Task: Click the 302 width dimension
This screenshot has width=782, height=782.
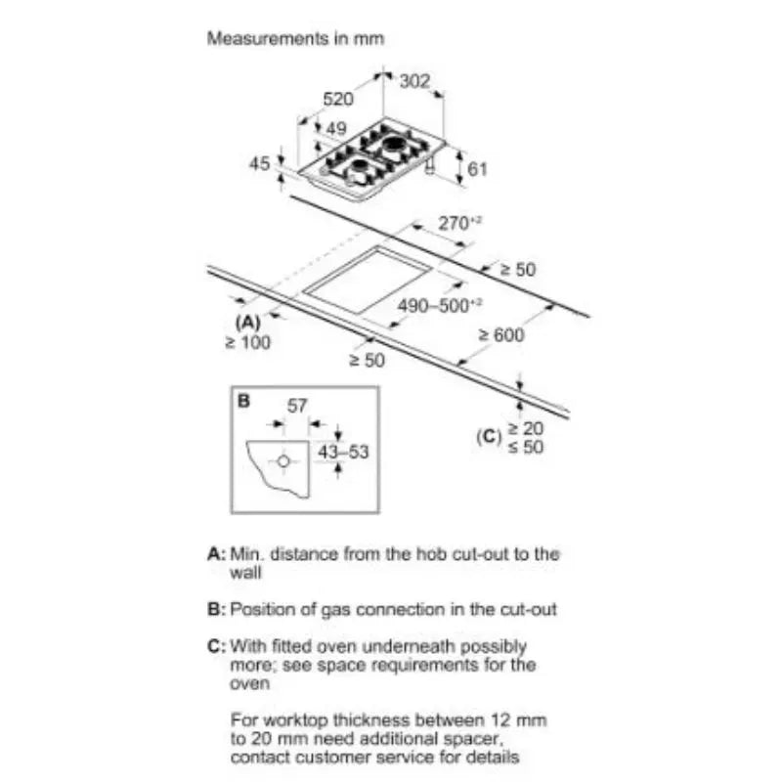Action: (414, 81)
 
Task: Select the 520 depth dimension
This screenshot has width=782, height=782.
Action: (338, 100)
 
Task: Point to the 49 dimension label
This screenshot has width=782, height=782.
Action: (336, 129)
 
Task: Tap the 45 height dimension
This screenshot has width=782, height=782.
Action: (259, 163)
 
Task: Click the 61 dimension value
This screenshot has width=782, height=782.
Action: (477, 169)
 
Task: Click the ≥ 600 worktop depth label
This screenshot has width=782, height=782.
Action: (501, 335)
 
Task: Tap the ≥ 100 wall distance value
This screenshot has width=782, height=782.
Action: (248, 343)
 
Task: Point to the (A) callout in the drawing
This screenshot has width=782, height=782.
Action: (248, 324)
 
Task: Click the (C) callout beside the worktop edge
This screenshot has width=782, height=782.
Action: (489, 437)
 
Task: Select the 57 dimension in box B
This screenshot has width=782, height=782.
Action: (297, 406)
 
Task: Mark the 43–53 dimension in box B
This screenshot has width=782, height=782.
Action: (343, 452)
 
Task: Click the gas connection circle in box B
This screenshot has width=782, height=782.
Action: (283, 461)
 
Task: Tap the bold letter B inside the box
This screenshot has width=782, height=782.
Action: (243, 401)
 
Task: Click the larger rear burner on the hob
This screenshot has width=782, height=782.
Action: (397, 145)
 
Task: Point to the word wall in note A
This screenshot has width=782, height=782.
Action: (245, 573)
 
